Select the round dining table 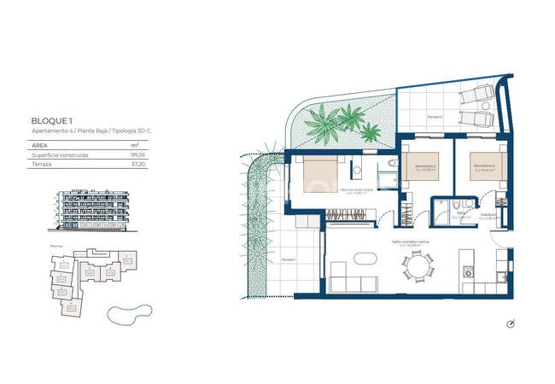click(419, 268)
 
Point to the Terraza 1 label click(288, 259)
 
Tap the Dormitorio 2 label click(425, 166)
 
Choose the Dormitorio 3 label click(482, 166)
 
